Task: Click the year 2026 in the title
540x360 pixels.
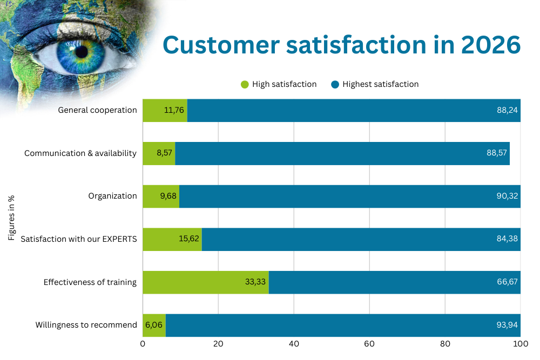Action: click(491, 45)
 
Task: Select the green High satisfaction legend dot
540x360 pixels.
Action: click(245, 84)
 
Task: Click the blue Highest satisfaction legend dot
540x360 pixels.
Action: click(335, 84)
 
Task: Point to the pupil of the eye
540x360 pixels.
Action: click(82, 52)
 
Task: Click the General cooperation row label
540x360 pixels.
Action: click(98, 110)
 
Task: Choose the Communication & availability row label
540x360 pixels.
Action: click(80, 153)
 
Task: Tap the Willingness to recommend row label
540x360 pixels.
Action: click(86, 325)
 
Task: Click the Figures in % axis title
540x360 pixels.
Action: click(12, 218)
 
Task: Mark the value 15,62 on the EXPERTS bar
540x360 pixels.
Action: click(188, 239)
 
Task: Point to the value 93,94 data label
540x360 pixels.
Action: click(508, 325)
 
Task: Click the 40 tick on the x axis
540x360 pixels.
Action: click(294, 344)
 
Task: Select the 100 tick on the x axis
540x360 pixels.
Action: click(521, 344)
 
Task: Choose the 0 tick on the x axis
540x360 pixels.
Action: click(143, 344)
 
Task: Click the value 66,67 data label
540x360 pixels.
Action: click(508, 282)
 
